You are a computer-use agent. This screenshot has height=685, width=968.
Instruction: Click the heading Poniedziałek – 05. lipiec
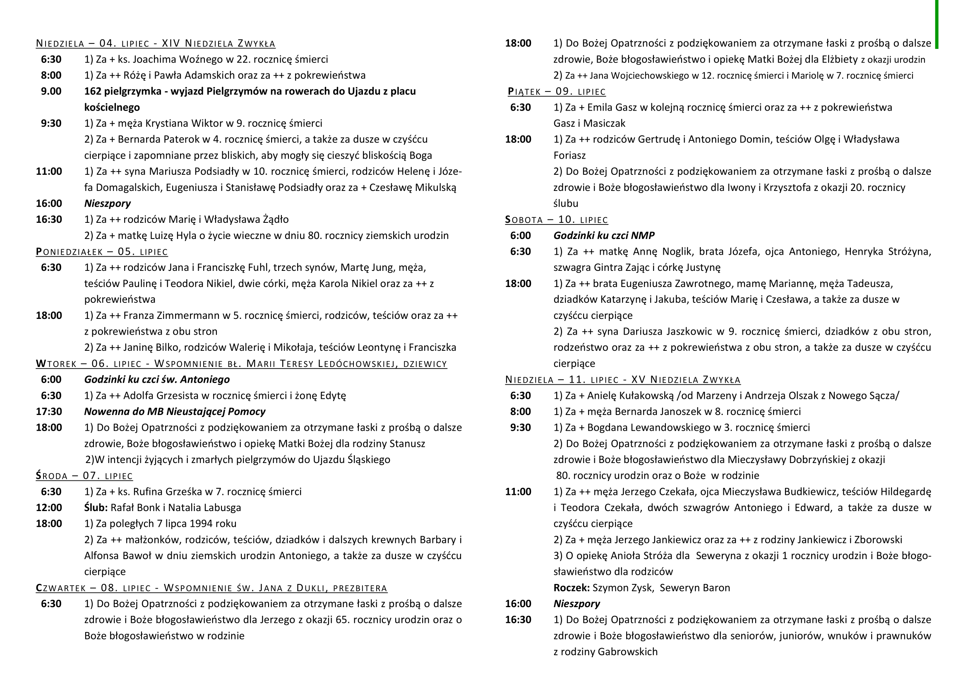[x=102, y=252]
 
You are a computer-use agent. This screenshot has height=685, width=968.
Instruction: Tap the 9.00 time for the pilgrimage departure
[x=50, y=92]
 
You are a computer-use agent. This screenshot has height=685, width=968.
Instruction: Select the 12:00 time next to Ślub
[x=49, y=507]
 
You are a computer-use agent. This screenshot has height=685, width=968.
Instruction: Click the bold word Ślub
[x=96, y=507]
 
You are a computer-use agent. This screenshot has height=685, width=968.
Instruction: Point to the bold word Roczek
[x=571, y=588]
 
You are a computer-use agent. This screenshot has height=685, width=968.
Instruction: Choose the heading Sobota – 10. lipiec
[x=557, y=220]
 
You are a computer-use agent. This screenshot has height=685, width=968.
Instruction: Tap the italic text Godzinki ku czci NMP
[x=604, y=236]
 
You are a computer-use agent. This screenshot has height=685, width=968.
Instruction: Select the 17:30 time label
[x=49, y=412]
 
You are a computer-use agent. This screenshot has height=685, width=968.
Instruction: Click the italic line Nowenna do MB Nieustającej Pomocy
[x=175, y=412]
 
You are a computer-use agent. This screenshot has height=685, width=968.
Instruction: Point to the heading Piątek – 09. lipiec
[x=557, y=92]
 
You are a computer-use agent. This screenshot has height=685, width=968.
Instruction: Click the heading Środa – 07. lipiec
[x=84, y=476]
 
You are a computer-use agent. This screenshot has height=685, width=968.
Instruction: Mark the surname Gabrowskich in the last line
[x=628, y=652]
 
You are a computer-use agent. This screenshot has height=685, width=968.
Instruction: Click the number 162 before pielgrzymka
[x=94, y=92]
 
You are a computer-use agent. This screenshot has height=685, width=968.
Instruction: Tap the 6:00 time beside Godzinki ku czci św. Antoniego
[x=50, y=380]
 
